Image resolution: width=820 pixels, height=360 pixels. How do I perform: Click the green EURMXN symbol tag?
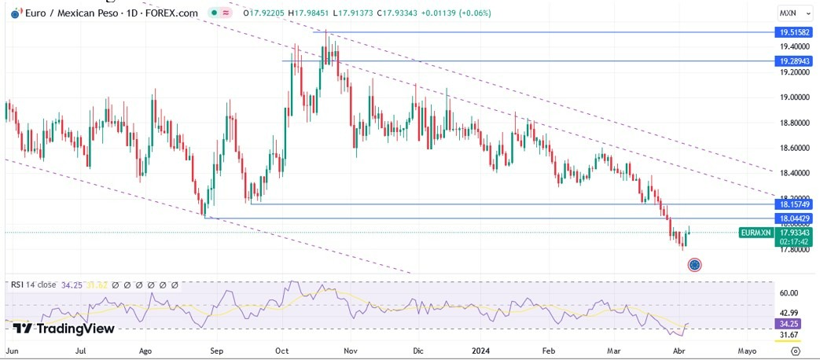756,233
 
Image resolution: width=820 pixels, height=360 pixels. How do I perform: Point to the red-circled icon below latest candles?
694,265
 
